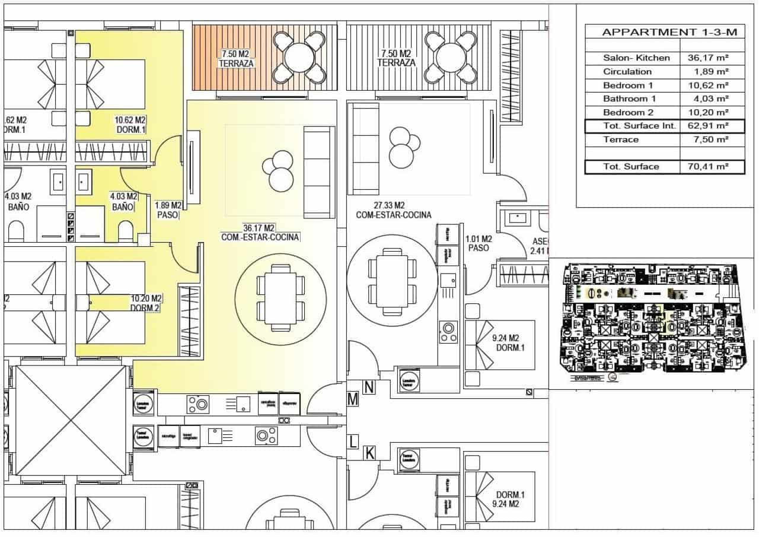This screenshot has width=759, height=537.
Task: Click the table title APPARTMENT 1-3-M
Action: click(665, 32)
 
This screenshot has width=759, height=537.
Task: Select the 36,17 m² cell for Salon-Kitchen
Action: click(712, 58)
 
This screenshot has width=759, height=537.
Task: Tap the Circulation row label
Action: click(627, 72)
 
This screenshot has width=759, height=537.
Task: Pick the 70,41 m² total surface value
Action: click(712, 167)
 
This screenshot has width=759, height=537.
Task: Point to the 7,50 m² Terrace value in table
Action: click(712, 139)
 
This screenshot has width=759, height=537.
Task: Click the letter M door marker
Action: click(353, 400)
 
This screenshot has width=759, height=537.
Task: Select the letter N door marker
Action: click(369, 388)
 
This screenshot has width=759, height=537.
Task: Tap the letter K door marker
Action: click(369, 454)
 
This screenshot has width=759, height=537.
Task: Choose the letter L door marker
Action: click(353, 442)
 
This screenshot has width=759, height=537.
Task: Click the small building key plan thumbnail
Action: click(652, 323)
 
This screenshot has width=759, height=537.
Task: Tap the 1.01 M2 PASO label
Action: click(479, 243)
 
